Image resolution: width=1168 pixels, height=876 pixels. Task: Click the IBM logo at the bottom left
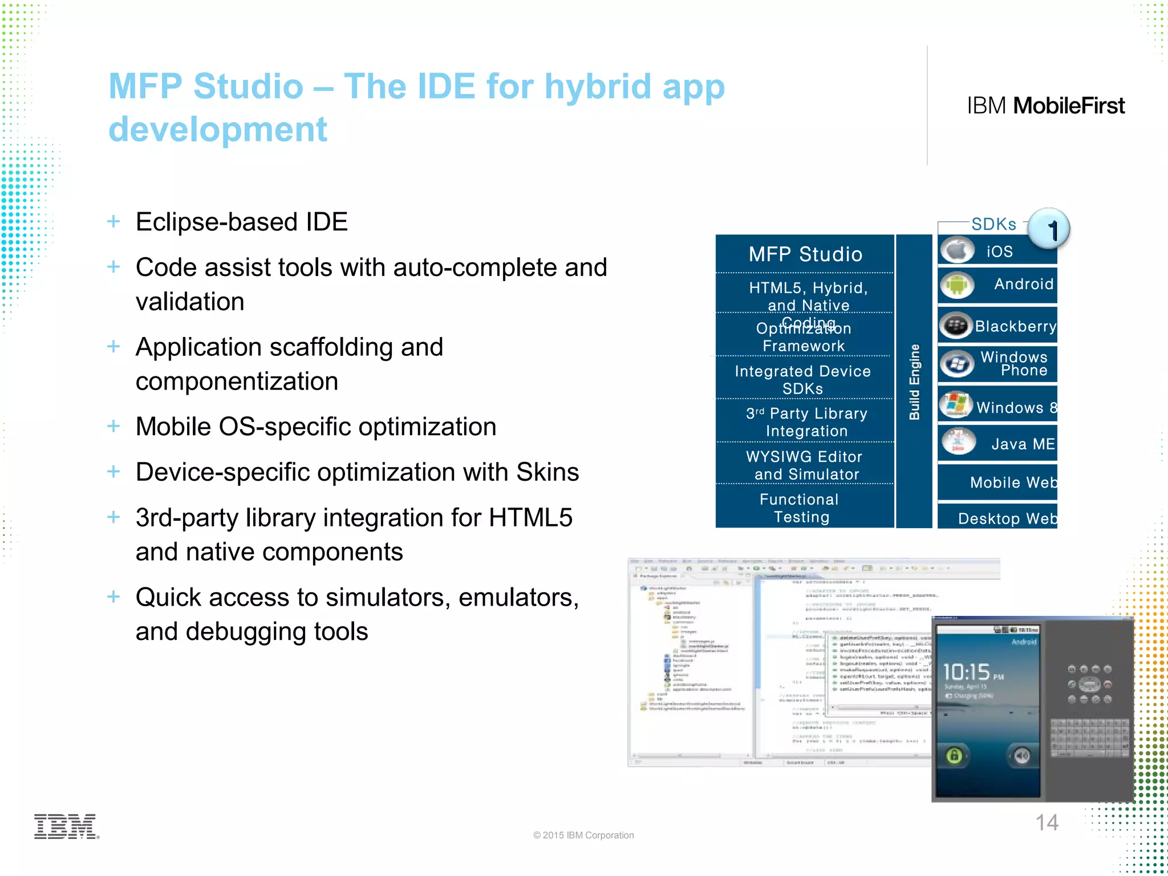pos(66,826)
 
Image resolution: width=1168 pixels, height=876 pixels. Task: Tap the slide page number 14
pos(1047,822)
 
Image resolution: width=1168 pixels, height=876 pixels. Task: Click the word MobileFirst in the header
pos(1069,106)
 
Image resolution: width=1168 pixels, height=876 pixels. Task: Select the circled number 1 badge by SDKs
pos(1049,229)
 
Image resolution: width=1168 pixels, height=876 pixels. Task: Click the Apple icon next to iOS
pos(957,250)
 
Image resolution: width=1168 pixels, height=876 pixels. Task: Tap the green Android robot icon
pos(957,285)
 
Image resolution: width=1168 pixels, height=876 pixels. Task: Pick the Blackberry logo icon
pos(956,326)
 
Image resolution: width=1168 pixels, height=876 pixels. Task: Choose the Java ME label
pos(1023,444)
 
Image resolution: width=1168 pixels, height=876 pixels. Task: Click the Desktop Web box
pos(1007,518)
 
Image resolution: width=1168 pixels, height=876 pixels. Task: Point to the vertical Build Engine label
pos(914,382)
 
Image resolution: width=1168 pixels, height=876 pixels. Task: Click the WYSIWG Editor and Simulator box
pos(805,465)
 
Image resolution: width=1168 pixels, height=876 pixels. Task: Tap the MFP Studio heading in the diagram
pos(805,254)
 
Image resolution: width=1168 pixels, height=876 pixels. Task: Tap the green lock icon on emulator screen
pos(954,756)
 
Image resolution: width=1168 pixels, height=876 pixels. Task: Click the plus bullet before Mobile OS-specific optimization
pos(113,426)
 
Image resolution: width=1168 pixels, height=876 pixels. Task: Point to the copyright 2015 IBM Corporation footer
pos(583,835)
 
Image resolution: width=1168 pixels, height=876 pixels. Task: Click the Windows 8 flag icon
pos(956,404)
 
